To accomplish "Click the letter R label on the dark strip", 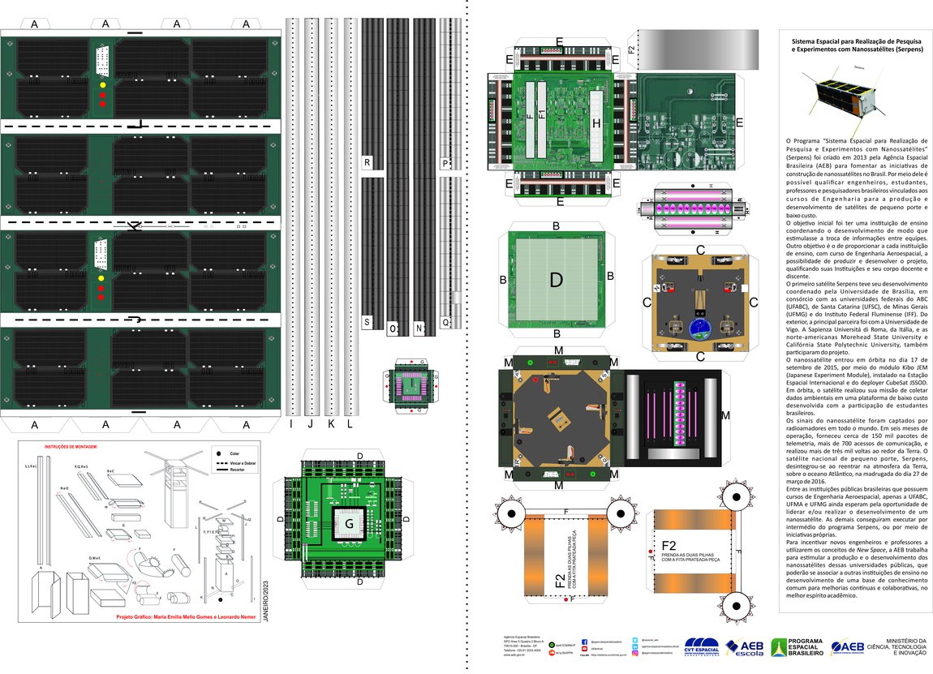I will [x=368, y=163].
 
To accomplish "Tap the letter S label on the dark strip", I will [x=368, y=322].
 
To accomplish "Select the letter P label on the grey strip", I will [x=445, y=163].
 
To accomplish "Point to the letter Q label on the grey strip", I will [x=445, y=322].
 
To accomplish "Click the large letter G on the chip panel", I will [x=349, y=525].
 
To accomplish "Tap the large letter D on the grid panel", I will [x=556, y=280].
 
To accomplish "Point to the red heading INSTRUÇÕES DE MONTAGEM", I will [x=71, y=447].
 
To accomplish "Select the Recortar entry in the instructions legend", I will [x=238, y=470].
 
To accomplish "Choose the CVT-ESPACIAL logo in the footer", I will [x=702, y=647].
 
